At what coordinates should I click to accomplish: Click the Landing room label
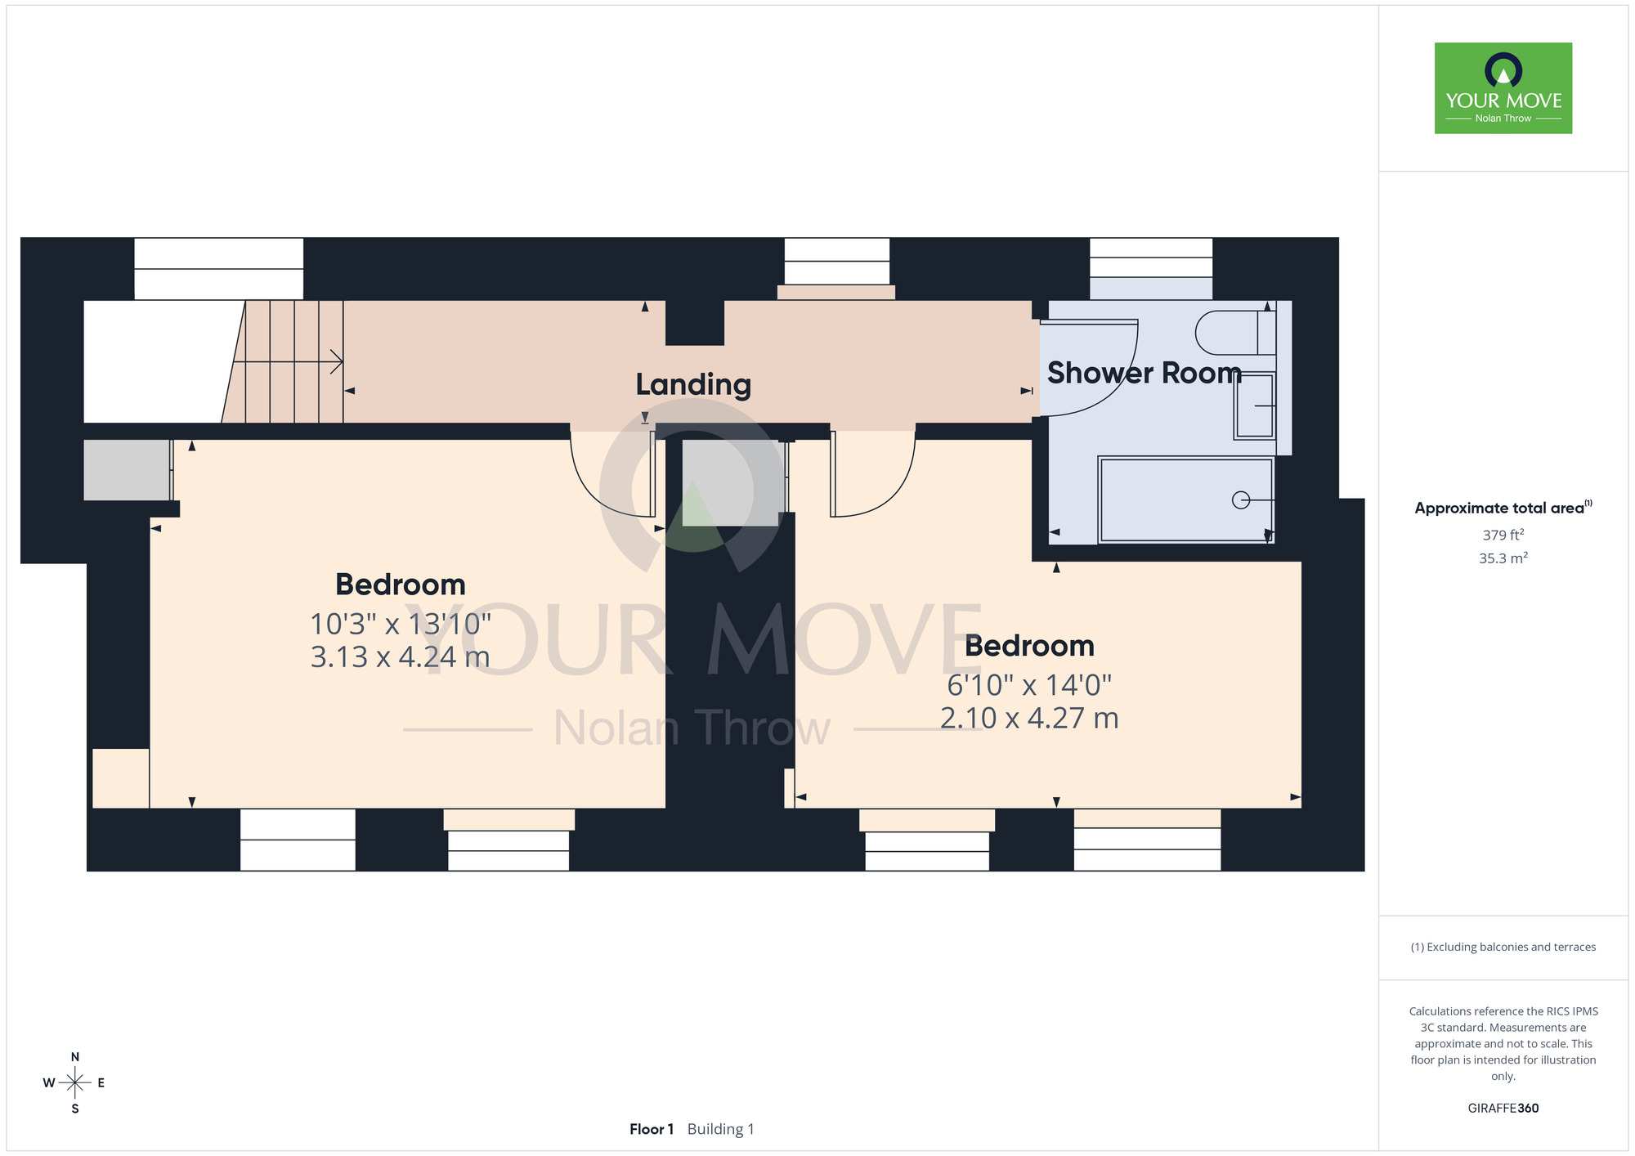(x=693, y=384)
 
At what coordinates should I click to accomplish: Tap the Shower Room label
(x=1144, y=373)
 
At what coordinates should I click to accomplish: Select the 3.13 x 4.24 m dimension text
(x=401, y=656)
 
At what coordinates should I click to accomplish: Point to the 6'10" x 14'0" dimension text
(x=1029, y=684)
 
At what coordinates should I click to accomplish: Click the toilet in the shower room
(x=1234, y=333)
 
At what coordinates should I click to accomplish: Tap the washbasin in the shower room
(x=1255, y=405)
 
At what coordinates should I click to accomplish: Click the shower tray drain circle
(x=1241, y=500)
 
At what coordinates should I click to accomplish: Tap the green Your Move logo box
(x=1503, y=88)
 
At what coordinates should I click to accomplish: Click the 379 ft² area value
(x=1503, y=535)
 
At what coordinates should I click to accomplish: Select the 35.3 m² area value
(x=1503, y=558)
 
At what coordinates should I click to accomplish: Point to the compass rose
(x=74, y=1083)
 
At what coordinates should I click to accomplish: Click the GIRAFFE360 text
(x=1503, y=1109)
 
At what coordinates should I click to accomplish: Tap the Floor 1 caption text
(x=652, y=1129)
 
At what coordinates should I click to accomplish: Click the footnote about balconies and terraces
(x=1503, y=947)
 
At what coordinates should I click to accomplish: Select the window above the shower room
(x=1151, y=258)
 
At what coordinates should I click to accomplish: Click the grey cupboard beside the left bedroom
(x=128, y=470)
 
